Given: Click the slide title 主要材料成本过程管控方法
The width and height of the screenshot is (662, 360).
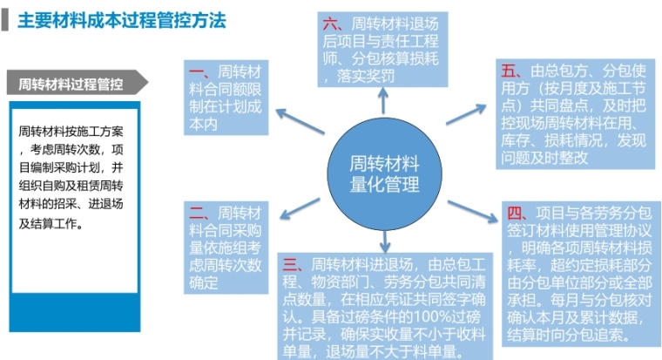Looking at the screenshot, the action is click(x=122, y=20).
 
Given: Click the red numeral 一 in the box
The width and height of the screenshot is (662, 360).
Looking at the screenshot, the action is click(x=197, y=71).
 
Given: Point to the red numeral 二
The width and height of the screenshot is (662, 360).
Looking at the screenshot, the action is click(x=197, y=212).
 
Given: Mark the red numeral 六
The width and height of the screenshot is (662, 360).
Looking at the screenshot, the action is click(x=331, y=24).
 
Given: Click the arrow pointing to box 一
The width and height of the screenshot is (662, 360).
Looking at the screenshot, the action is click(x=301, y=121).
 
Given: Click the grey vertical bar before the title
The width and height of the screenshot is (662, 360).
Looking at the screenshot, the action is click(x=5, y=20).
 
